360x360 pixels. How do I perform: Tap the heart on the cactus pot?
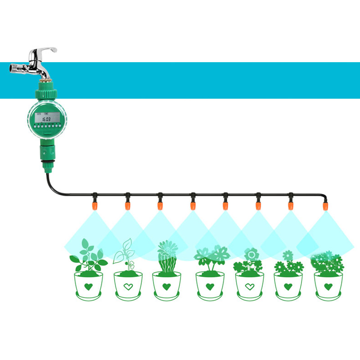[166, 286]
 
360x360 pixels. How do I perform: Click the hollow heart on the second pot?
[128, 286]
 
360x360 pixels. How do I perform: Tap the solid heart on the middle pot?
[209, 286]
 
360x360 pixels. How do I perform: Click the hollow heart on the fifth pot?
[249, 286]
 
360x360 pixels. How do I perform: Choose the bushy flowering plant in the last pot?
[328, 264]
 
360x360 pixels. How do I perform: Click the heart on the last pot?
[328, 286]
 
